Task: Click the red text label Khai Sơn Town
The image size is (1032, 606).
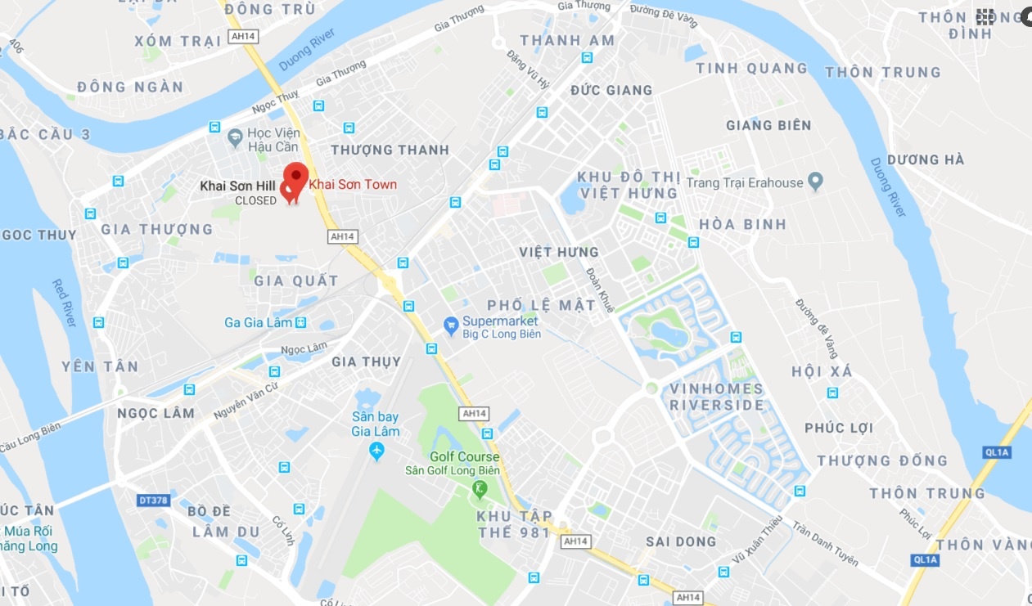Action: [x=353, y=185]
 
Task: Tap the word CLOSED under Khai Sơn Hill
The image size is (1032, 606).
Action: [x=256, y=200]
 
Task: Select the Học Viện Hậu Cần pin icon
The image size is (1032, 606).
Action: [x=236, y=139]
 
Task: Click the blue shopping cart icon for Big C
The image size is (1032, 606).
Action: [x=451, y=326]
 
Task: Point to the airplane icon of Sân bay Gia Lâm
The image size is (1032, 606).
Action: [x=376, y=451]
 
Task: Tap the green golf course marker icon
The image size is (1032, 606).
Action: [x=480, y=489]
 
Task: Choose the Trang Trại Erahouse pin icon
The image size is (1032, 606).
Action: [x=814, y=182]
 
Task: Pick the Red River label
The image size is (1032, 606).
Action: [x=65, y=303]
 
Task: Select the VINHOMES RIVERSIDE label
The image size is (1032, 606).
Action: [x=717, y=397]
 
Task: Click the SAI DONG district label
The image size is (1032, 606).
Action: [x=681, y=541]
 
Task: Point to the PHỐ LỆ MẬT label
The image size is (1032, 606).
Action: [x=542, y=305]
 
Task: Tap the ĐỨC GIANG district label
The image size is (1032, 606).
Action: [x=611, y=90]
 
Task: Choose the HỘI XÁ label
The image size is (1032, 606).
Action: [x=822, y=372]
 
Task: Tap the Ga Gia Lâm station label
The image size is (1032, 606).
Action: [x=258, y=323]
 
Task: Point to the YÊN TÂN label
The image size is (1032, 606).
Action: [x=101, y=366]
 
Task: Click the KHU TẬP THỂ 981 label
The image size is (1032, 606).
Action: [x=515, y=524]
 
